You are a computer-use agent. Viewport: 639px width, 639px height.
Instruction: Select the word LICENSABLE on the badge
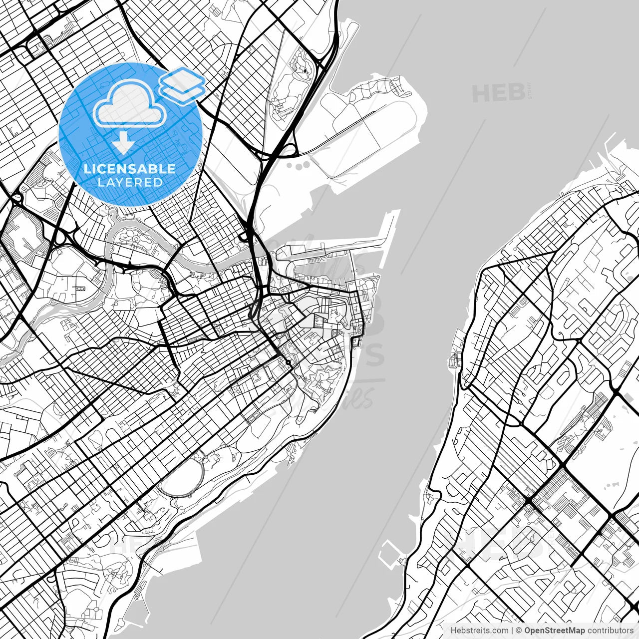tap(130, 169)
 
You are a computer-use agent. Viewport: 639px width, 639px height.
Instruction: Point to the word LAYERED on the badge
tap(130, 182)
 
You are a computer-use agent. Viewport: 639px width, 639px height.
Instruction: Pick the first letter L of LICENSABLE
tap(86, 169)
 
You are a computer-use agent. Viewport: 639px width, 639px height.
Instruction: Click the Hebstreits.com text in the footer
tap(480, 630)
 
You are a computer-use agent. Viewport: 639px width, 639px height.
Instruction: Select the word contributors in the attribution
tap(610, 630)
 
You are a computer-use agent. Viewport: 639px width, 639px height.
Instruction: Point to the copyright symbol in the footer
tap(519, 630)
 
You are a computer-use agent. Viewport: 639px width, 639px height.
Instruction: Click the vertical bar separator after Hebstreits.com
tap(512, 630)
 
